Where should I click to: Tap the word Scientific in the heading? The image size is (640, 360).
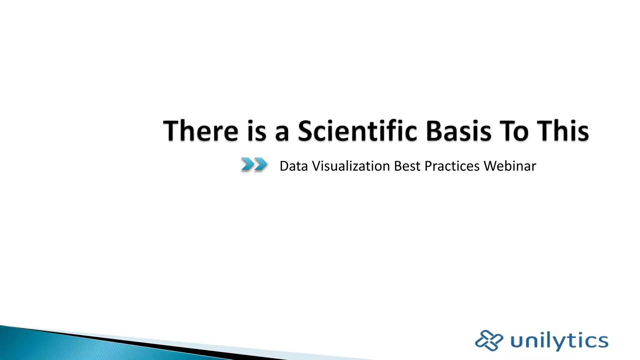point(357,131)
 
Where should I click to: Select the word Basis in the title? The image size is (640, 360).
point(459,131)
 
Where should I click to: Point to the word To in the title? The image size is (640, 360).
point(514,131)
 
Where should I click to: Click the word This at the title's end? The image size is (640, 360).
point(563,131)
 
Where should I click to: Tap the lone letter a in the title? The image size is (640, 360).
point(282,133)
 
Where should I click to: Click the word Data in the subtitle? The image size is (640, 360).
point(294,166)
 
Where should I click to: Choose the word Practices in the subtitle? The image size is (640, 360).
point(452,166)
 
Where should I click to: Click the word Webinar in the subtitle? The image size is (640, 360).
point(510,166)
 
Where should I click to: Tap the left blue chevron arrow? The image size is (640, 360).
point(247,164)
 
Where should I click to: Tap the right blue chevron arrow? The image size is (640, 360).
point(261,164)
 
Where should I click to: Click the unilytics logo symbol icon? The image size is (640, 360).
point(489,340)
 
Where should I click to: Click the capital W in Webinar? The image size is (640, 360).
point(491,166)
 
